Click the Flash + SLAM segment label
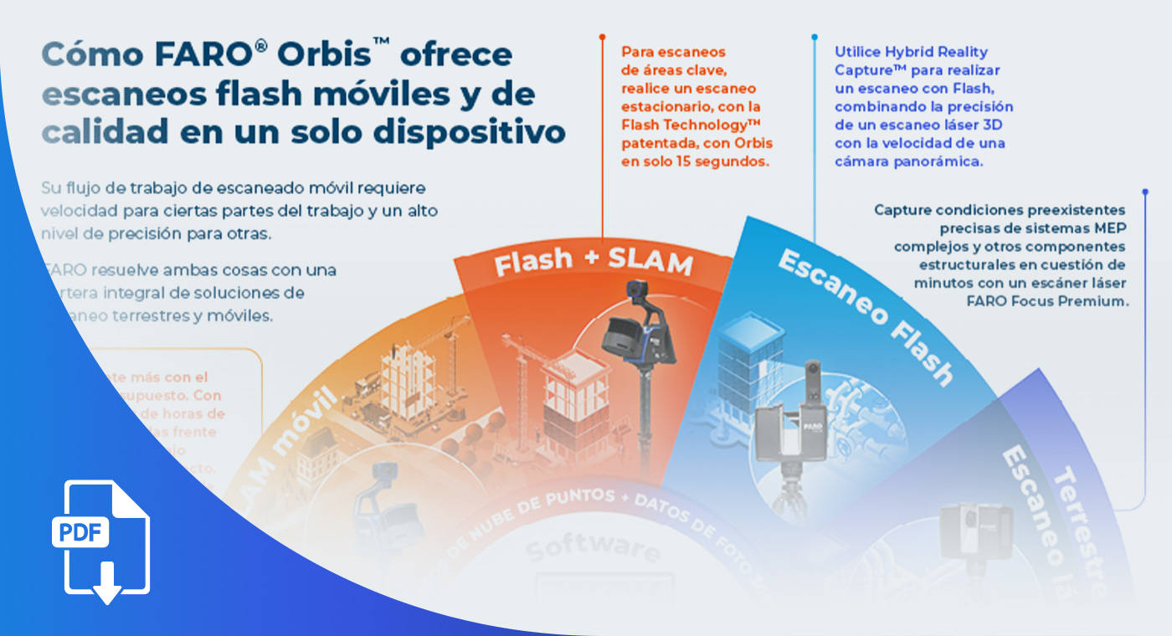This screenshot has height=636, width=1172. point(593,262)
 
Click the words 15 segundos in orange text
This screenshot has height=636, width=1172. point(727,162)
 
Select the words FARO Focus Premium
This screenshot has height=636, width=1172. point(1057,301)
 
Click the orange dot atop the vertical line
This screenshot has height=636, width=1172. point(602,37)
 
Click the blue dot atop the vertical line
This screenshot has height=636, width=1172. point(815,37)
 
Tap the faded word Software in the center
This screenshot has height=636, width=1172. point(592,549)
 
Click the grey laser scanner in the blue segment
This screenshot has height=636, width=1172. point(787,431)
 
